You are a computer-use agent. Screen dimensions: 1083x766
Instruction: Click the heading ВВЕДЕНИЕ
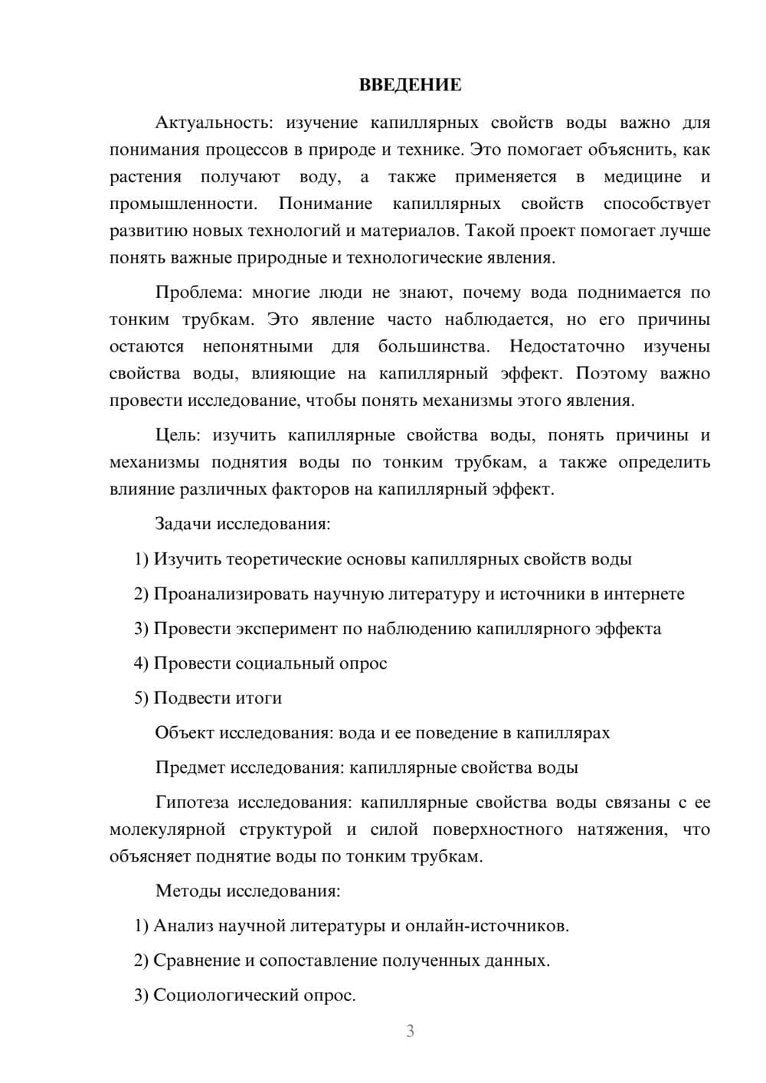coord(410,85)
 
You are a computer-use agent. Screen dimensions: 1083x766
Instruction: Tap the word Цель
coord(177,436)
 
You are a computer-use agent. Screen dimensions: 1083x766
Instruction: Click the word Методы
coord(186,891)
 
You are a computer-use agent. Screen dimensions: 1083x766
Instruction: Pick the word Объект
coord(185,733)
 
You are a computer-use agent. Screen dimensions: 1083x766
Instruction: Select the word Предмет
coord(190,767)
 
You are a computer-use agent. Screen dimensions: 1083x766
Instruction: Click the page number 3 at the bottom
coord(410,1031)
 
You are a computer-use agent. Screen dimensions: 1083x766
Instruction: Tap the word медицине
coord(642,177)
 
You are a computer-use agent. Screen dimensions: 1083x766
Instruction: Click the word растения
coord(146,177)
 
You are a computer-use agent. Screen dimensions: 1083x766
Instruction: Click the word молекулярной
coord(167,829)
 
